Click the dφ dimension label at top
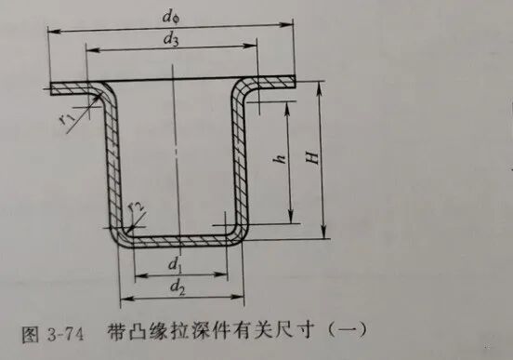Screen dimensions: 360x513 pyautogui.click(x=171, y=15)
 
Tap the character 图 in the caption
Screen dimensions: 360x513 pyautogui.click(x=29, y=331)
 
